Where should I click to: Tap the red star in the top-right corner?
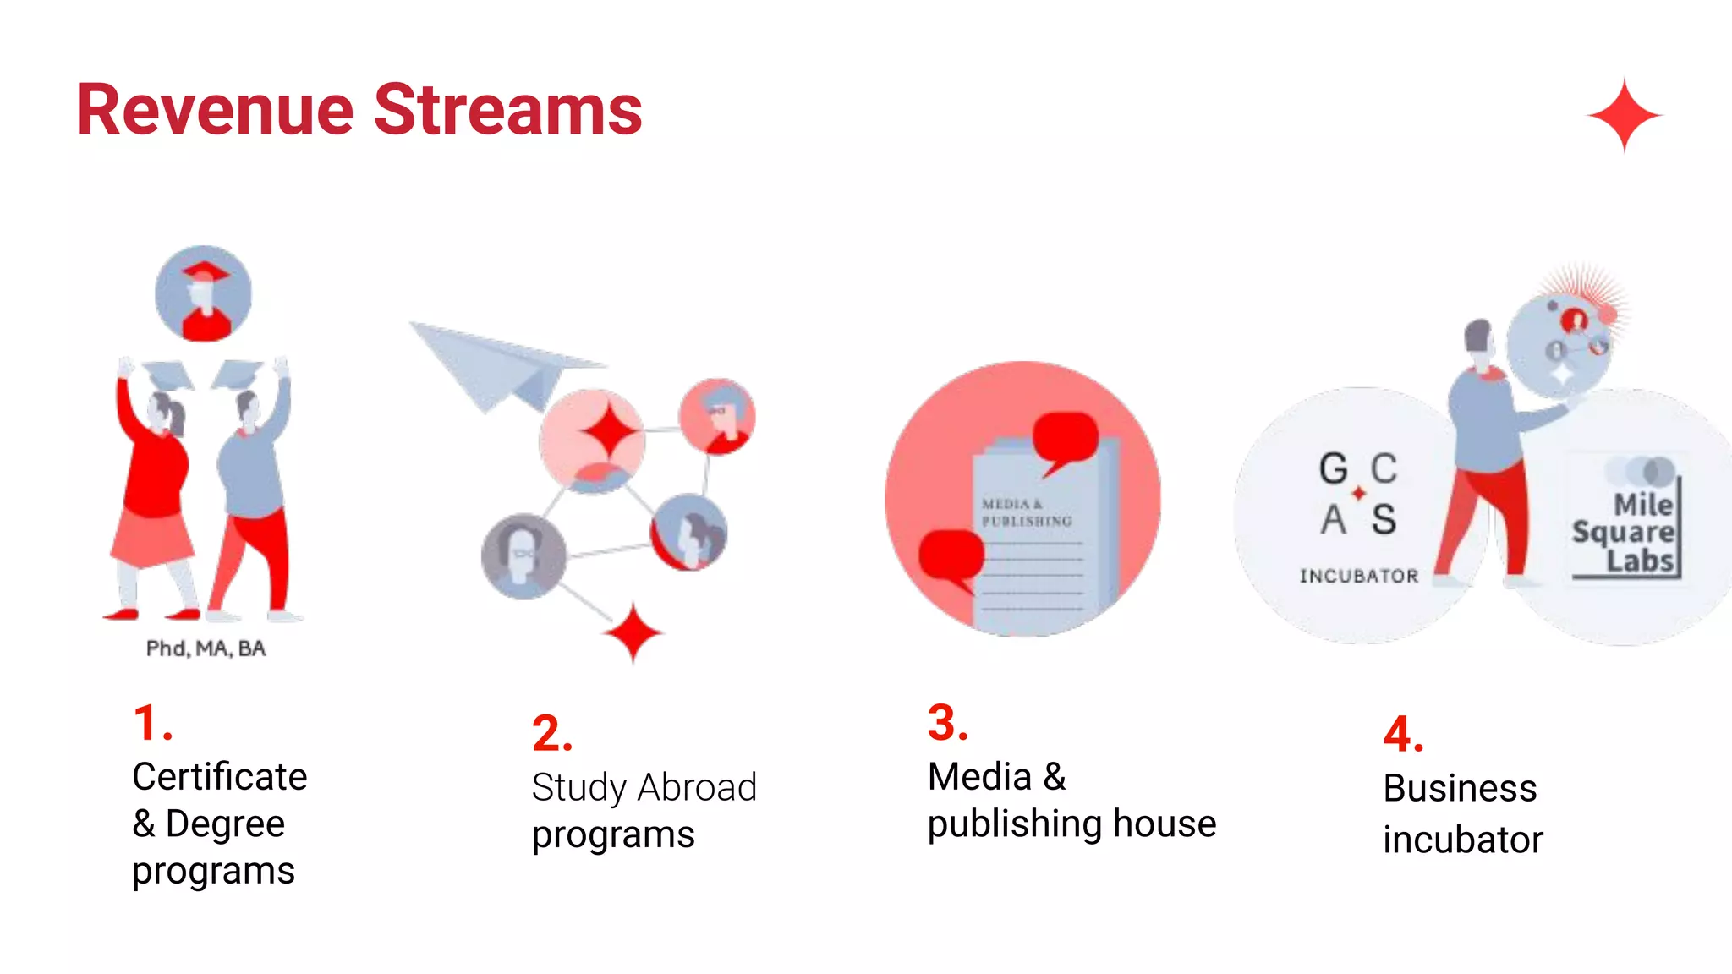[x=1624, y=115]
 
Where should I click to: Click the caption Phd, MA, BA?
[x=206, y=648]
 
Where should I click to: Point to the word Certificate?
[x=219, y=776]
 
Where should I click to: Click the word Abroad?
[x=697, y=788]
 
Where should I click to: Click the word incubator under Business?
[x=1462, y=840]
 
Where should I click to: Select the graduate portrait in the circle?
[x=203, y=293]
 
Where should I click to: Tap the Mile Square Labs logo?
[x=1624, y=533]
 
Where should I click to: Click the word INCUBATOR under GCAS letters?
[x=1358, y=577]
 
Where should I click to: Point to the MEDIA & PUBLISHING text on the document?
[x=1025, y=512]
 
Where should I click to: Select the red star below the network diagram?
[x=633, y=633]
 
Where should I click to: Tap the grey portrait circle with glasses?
[x=523, y=555]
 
